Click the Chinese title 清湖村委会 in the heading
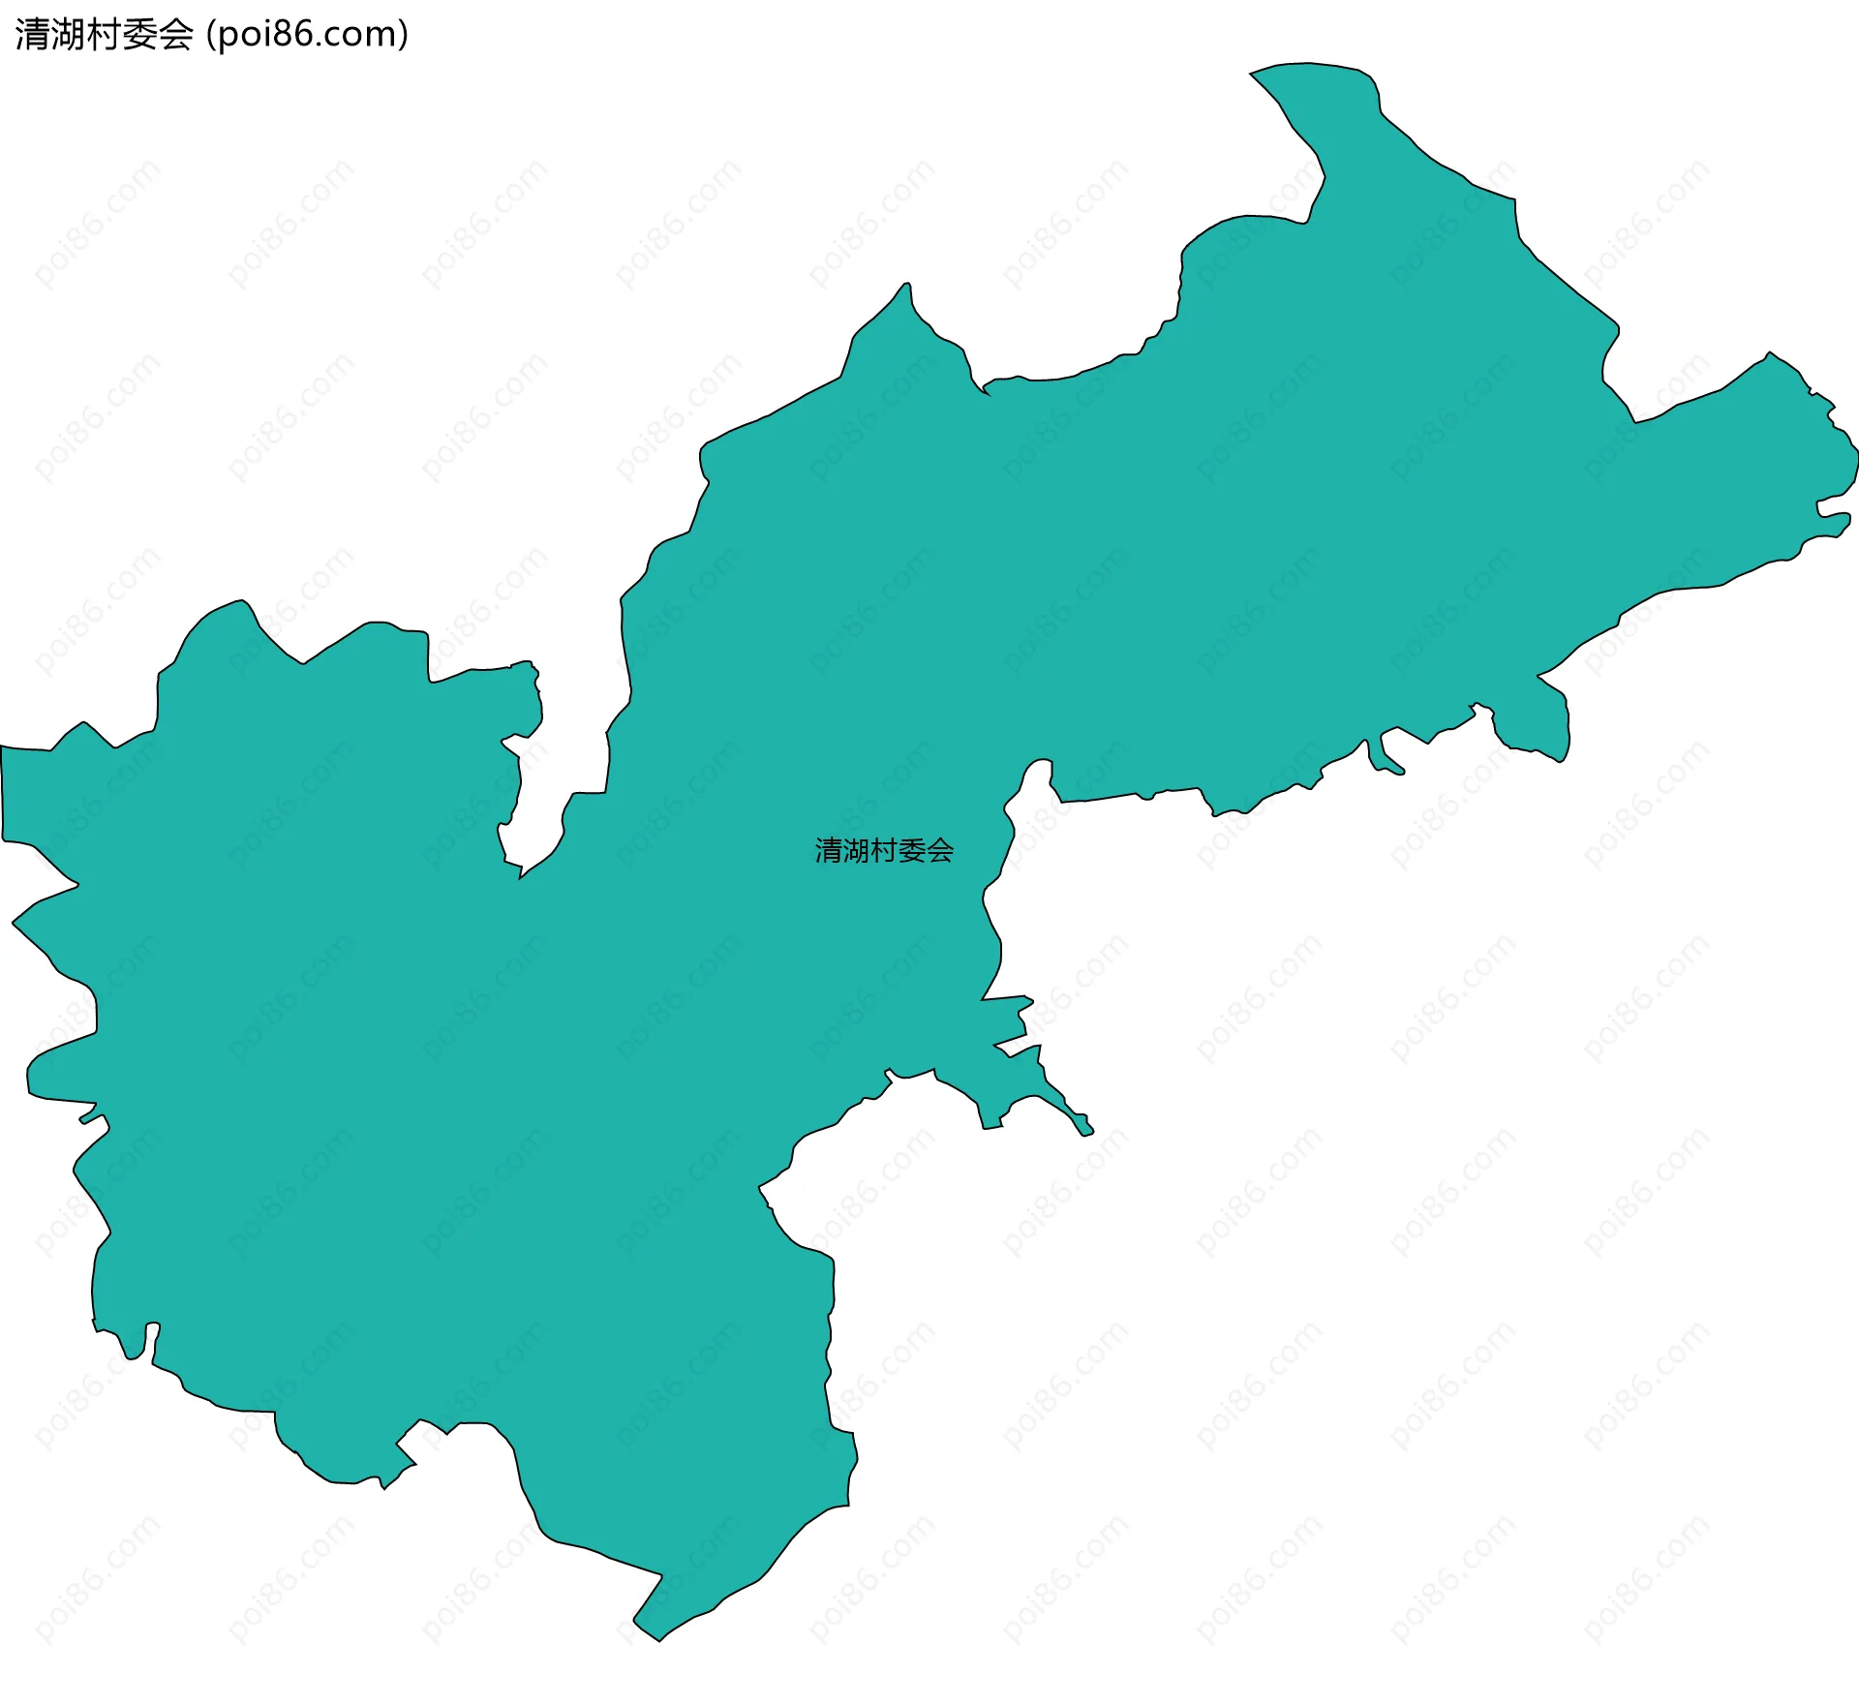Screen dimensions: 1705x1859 pos(104,35)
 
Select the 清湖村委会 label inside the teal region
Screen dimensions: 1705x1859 pos(884,851)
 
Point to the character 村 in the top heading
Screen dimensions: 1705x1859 pos(104,35)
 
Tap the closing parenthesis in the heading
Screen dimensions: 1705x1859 pos(403,35)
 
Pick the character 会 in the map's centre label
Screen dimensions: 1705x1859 pos(940,851)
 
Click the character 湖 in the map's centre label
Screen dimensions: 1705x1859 pos(857,851)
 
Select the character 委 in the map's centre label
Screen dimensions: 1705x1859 pos(912,851)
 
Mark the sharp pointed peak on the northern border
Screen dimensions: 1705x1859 pos(907,285)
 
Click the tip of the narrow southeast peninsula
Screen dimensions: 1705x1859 pos(1088,1132)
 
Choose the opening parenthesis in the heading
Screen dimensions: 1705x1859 pos(212,35)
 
